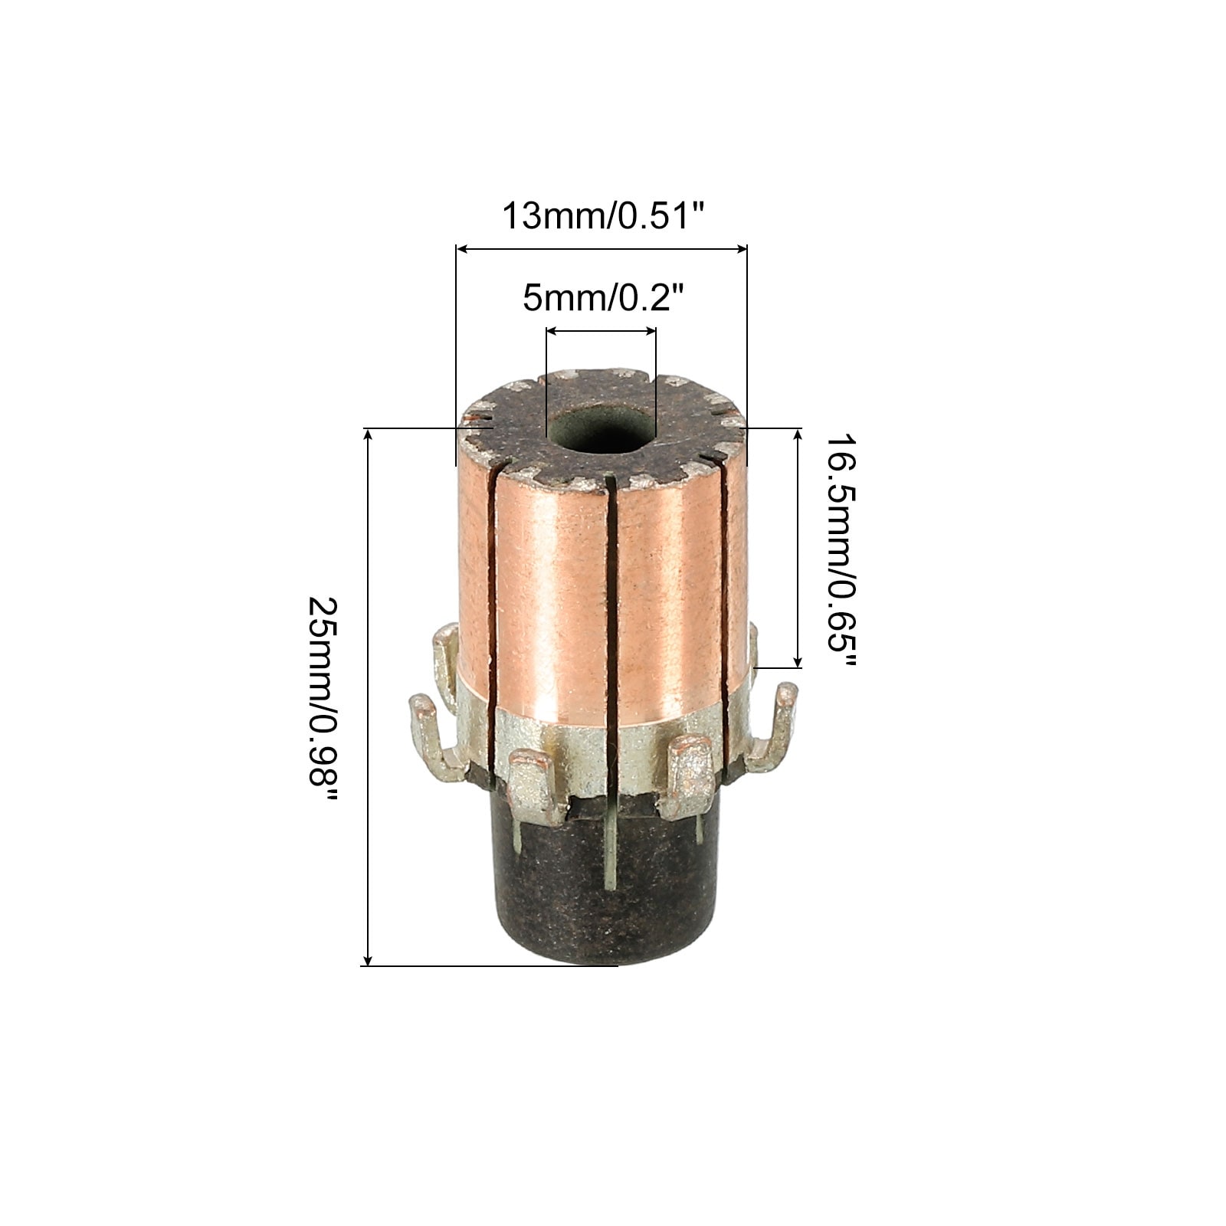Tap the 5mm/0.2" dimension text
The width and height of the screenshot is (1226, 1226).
[x=602, y=298]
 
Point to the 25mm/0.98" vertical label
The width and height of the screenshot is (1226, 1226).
[x=322, y=697]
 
